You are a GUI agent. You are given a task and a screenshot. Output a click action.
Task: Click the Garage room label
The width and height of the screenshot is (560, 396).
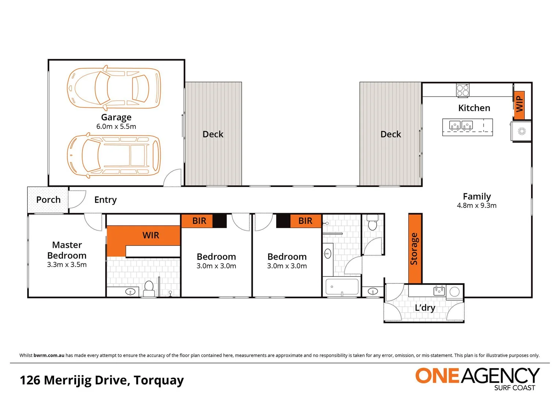116,117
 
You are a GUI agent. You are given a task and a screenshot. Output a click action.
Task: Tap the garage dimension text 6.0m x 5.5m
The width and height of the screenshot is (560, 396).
116,126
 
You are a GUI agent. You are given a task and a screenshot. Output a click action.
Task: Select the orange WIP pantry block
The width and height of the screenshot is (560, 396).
519,105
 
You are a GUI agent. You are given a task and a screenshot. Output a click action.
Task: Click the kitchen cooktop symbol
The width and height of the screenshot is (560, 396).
462,90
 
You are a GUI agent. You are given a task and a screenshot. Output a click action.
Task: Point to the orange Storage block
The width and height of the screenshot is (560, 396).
415,249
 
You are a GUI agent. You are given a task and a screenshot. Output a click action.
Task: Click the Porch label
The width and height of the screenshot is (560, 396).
48,200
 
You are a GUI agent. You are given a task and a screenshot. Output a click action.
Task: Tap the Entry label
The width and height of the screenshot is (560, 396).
105,200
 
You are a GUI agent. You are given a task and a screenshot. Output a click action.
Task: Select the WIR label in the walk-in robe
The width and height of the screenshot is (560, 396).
151,235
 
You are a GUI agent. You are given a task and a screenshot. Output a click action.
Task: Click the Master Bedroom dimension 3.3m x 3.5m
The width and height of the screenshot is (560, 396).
67,265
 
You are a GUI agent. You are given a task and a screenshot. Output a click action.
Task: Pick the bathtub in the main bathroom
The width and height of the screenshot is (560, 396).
342,287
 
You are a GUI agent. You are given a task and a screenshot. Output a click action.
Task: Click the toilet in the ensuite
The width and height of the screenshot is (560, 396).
149,288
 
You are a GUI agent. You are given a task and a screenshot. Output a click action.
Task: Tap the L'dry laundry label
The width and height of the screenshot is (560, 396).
425,308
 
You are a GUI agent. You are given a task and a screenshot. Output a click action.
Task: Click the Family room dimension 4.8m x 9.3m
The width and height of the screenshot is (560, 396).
476,206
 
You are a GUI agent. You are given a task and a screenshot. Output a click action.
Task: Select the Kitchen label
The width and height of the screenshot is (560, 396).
474,108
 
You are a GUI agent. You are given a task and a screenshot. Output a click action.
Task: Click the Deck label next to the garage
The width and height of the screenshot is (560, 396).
213,134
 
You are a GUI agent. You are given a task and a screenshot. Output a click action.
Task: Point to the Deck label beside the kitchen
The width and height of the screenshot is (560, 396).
391,134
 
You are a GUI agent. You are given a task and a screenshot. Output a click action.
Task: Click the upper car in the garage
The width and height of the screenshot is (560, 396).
114,88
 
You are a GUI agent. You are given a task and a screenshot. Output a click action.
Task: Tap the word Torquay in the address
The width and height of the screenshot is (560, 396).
158,380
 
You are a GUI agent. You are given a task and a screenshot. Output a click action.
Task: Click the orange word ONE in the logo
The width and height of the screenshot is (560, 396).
437,376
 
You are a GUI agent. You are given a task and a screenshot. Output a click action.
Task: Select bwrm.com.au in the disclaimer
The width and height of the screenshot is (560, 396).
49,355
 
